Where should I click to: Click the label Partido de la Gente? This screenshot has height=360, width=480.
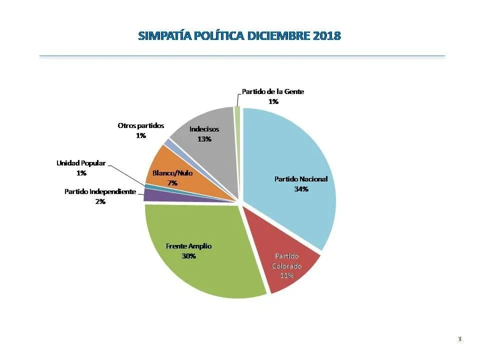click(273, 91)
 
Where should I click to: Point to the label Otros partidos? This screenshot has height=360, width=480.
click(140, 125)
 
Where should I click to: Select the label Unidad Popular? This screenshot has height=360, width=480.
click(81, 163)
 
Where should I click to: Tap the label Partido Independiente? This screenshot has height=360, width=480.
click(100, 191)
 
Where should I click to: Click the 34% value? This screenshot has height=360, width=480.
click(301, 189)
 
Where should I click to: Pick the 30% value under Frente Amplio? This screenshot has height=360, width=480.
click(188, 256)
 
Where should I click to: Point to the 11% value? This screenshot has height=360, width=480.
click(286, 275)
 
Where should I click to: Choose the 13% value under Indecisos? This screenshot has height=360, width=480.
click(204, 139)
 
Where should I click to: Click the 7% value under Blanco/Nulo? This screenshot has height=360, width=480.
click(172, 183)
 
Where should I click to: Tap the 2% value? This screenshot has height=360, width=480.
click(100, 201)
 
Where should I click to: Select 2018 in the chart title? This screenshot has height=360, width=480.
click(326, 36)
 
